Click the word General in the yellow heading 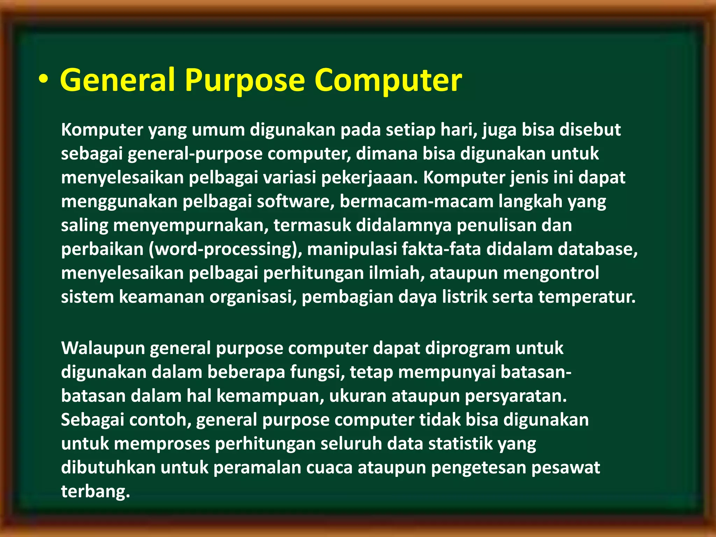pyautogui.click(x=117, y=80)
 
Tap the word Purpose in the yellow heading pyautogui.click(x=245, y=80)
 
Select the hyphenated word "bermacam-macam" pyautogui.click(x=417, y=202)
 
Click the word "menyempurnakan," pyautogui.click(x=191, y=225)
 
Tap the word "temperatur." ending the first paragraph pyautogui.click(x=587, y=297)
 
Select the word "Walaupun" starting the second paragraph pyautogui.click(x=103, y=349)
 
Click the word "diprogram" pyautogui.click(x=468, y=349)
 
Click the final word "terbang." pyautogui.click(x=95, y=492)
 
